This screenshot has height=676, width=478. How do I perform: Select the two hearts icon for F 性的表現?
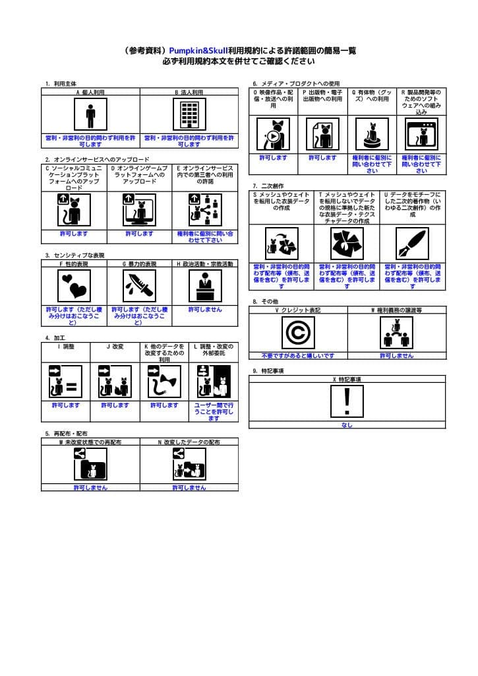74,286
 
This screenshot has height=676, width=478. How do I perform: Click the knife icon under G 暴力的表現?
139,286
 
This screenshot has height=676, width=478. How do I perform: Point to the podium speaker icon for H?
204,286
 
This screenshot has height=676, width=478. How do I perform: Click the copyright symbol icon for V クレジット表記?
297,332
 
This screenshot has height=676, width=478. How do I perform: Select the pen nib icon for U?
412,243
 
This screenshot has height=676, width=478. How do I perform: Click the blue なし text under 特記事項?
347,425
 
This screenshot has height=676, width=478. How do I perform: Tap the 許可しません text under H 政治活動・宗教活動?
204,309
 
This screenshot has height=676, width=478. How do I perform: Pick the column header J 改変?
115,346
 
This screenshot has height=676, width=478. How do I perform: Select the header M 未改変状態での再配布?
90,442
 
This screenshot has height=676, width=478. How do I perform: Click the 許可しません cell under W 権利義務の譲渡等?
396,355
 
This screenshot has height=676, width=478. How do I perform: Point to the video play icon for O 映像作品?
272,135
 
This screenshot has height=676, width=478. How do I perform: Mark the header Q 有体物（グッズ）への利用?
372,96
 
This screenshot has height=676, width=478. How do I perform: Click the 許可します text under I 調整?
65,405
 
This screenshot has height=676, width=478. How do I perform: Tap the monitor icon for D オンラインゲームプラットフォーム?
139,210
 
